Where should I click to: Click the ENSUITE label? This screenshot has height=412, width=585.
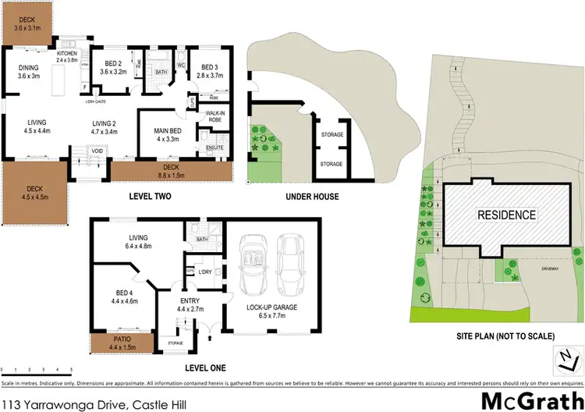coord(214,147)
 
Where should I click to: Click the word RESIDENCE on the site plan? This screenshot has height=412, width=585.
coord(506,215)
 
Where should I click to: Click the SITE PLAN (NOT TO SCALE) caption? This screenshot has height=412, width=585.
coord(505,336)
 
